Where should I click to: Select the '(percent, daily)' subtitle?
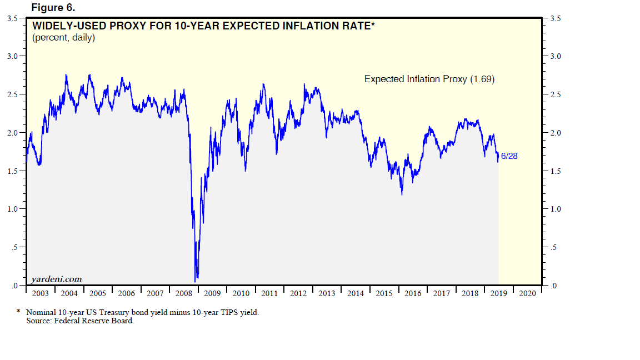tap(63, 38)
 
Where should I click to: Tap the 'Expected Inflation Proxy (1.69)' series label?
tap(429, 79)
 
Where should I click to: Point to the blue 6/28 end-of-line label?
tap(509, 156)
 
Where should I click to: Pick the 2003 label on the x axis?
tap(40, 293)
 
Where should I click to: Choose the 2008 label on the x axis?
tap(183, 293)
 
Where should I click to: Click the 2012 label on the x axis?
tap(298, 293)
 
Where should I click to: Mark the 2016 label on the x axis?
tap(413, 293)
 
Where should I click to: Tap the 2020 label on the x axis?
tap(527, 293)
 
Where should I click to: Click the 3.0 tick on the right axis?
tap(554, 57)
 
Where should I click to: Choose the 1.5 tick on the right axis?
tap(554, 171)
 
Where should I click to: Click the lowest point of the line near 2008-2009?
tap(196, 281)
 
